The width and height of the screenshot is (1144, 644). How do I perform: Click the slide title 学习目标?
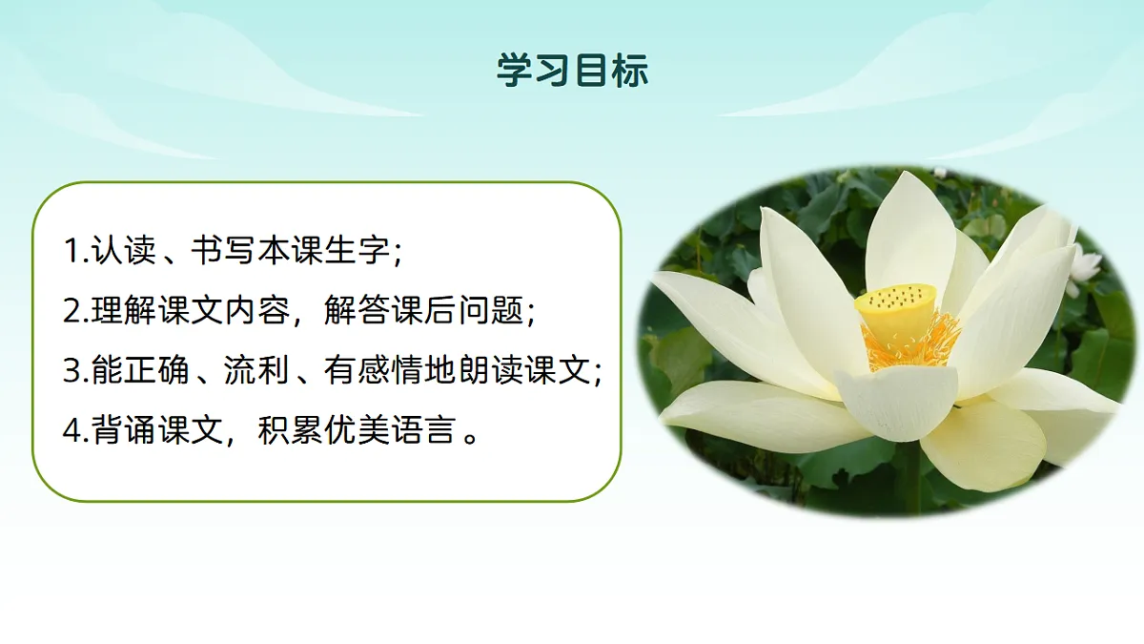pos(572,71)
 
